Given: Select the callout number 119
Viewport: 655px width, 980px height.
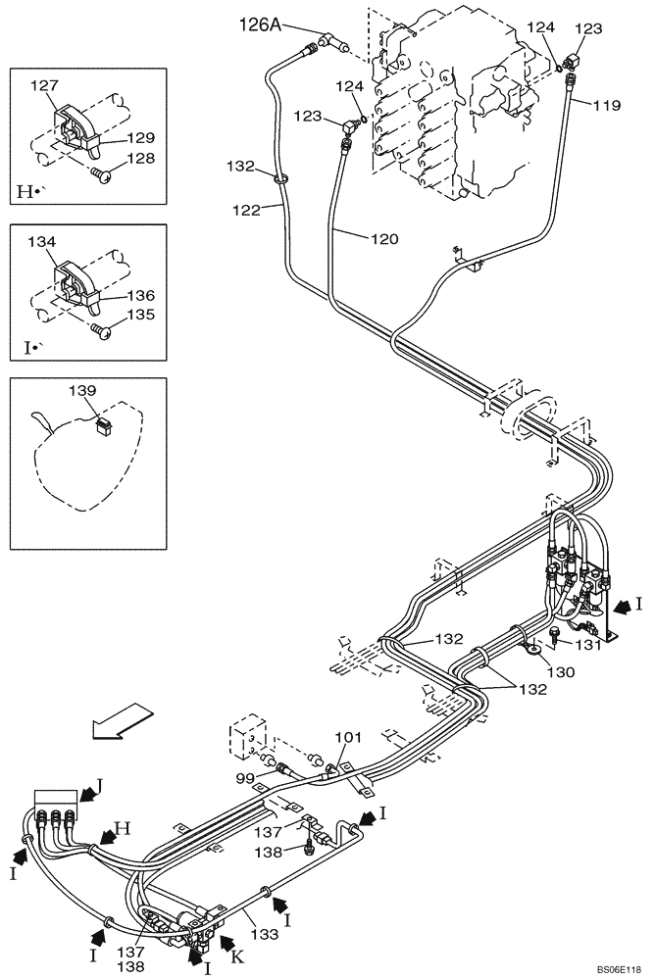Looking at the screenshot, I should pyautogui.click(x=607, y=105).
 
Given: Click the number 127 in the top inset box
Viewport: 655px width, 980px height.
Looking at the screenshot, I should pyautogui.click(x=43, y=85).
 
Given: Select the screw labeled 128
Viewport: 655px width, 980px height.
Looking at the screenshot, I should pyautogui.click(x=100, y=175).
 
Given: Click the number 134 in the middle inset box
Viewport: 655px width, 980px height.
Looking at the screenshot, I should pyautogui.click(x=43, y=241).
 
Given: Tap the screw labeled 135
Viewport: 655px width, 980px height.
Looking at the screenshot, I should pyautogui.click(x=100, y=331).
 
